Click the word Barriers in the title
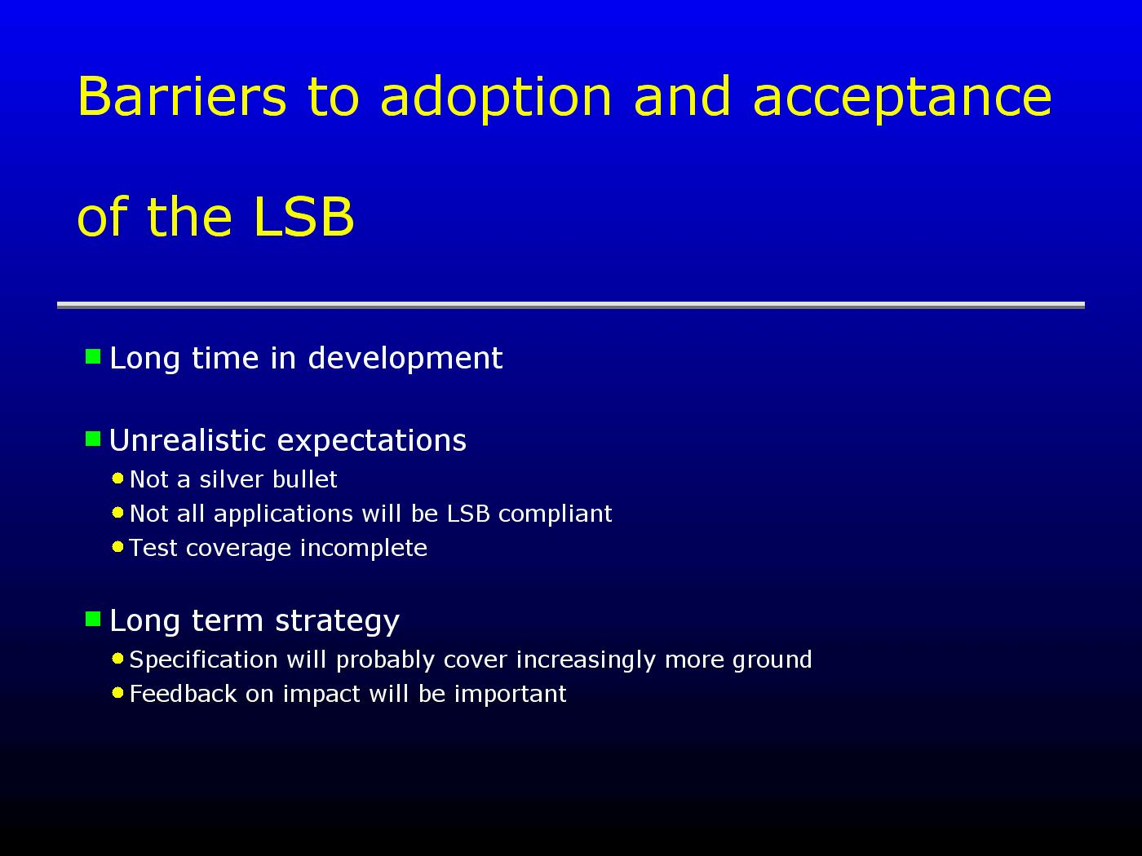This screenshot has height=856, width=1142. click(182, 96)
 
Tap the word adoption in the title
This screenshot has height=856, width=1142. click(496, 99)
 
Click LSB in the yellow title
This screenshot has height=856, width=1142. click(303, 216)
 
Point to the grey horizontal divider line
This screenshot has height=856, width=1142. click(571, 305)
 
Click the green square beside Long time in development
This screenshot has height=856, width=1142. click(93, 357)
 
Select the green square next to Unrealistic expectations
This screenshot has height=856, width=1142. click(93, 439)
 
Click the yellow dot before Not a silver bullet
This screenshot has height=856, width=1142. click(118, 479)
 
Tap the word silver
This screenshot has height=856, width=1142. click(231, 479)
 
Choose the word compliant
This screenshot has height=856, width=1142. click(556, 514)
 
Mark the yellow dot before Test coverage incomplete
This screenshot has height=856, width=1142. click(118, 547)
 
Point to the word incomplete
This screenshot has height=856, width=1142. click(364, 549)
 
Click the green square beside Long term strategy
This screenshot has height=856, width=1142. click(93, 619)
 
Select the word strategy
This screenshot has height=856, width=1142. click(337, 622)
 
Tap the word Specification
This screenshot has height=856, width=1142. click(203, 660)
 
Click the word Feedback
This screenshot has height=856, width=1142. click(184, 694)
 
